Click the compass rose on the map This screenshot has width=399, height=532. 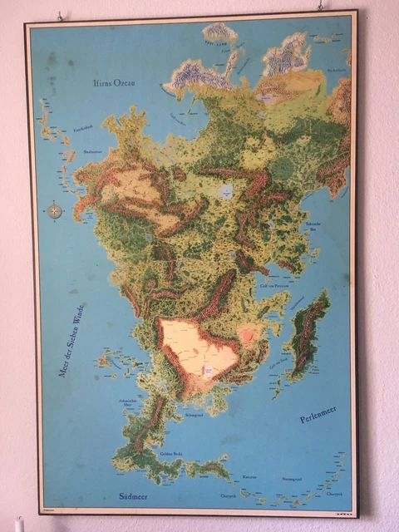(x=55, y=210)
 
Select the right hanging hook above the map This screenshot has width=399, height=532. (x=319, y=6)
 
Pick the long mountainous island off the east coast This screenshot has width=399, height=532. (x=308, y=332)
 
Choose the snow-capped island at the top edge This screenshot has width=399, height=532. (x=219, y=32)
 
